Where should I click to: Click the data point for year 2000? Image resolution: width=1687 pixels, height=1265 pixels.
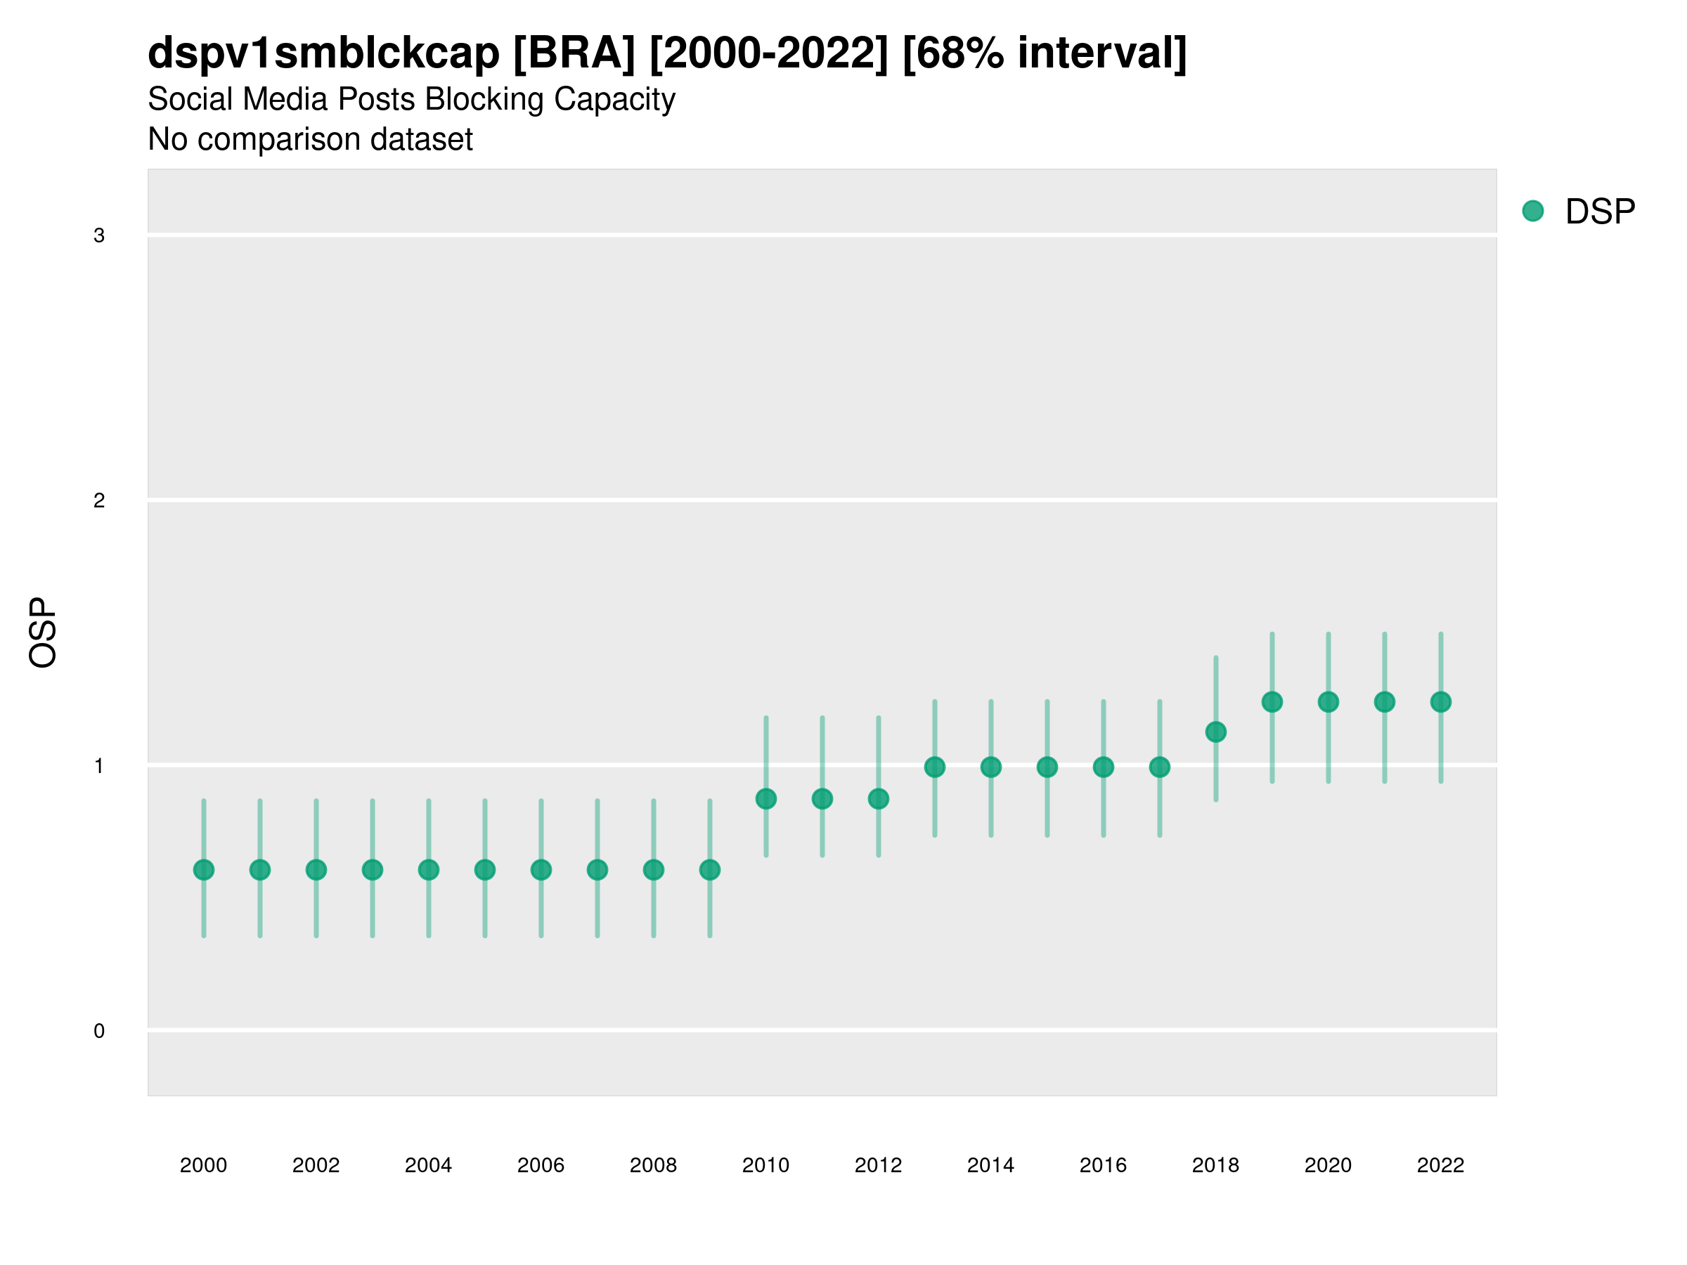click(204, 870)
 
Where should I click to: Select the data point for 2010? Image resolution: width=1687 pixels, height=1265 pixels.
click(765, 799)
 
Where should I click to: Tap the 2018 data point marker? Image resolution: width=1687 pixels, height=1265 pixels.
click(1215, 732)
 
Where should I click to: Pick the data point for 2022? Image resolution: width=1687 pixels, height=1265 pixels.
click(1441, 702)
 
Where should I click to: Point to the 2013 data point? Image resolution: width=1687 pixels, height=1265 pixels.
click(934, 767)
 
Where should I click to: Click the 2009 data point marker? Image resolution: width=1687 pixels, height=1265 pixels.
click(709, 870)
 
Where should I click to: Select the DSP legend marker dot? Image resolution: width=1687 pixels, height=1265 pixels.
click(1532, 212)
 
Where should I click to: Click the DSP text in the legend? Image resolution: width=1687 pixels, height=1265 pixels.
click(1600, 212)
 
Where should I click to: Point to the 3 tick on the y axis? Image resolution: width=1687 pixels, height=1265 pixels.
click(99, 235)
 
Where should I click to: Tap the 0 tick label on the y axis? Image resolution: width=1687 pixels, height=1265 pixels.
click(99, 1031)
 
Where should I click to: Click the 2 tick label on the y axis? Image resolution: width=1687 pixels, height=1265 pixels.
click(99, 501)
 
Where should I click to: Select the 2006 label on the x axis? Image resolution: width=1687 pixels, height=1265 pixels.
click(541, 1165)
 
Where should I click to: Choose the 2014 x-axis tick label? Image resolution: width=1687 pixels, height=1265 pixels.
click(990, 1165)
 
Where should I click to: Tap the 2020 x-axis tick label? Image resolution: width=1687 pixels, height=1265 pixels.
click(1328, 1165)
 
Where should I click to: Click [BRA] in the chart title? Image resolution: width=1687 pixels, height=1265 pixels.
click(574, 53)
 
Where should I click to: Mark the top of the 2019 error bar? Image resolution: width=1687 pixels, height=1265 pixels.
click(1272, 634)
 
